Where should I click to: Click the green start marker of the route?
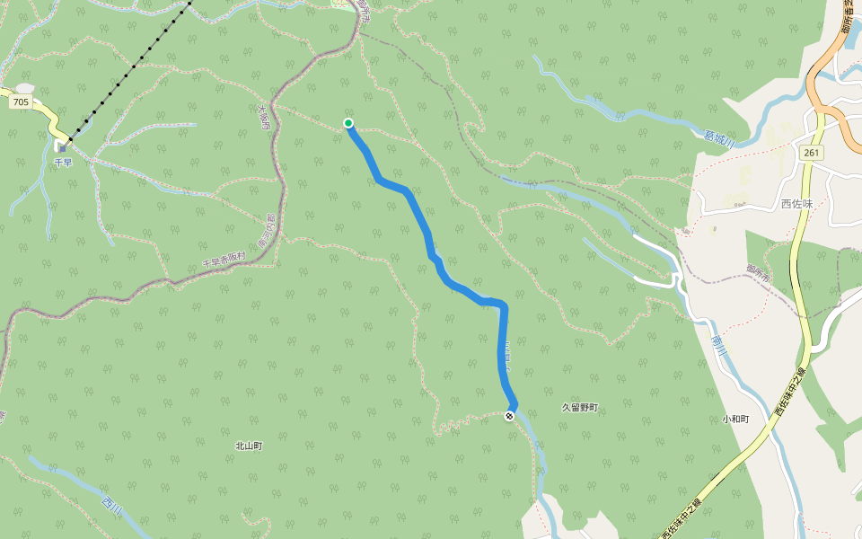[348, 123]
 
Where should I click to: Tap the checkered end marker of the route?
[510, 415]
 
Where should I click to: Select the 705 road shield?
[21, 102]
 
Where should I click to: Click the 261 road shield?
[811, 153]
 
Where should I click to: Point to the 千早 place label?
[62, 163]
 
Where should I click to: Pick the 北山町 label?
[249, 446]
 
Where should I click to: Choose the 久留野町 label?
[579, 408]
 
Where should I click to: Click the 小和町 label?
[736, 419]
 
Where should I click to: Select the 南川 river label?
[717, 345]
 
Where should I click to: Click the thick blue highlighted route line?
[420, 216]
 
